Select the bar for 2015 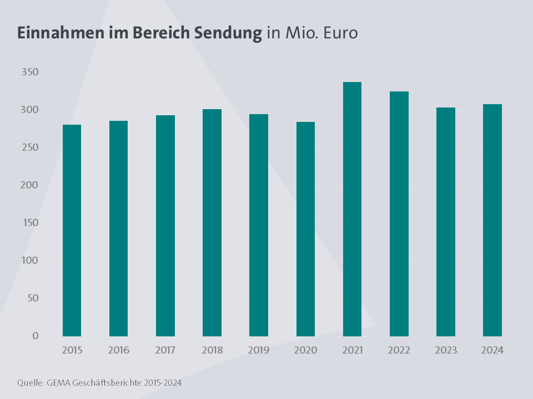pos(72,231)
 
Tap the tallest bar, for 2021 pos(352,209)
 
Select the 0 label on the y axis pos(35,336)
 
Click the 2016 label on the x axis pos(119,350)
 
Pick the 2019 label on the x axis pos(259,350)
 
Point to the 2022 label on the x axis pos(399,350)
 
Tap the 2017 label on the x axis pos(165,350)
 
